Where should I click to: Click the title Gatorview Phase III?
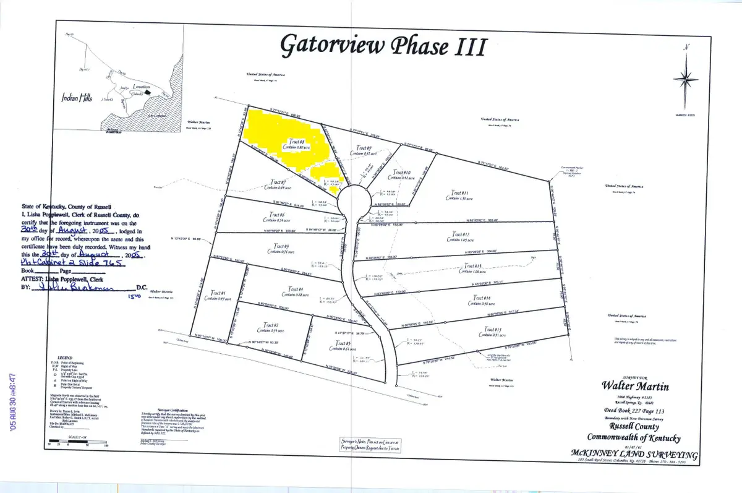(384, 45)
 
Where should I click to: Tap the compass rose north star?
(684, 79)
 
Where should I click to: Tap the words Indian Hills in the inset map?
(77, 96)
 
